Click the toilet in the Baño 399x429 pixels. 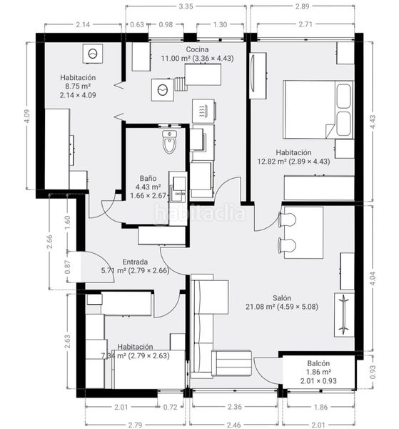coord(170,142)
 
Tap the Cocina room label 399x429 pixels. coord(197,49)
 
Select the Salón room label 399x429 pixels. coord(281,298)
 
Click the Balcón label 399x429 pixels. coord(318,363)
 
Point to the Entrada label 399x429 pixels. coord(135,262)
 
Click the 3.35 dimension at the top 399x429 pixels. coord(186,6)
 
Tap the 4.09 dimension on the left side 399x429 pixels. coord(27,116)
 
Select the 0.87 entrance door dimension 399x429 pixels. coord(68,267)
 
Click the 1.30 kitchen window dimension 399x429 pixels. coord(220,24)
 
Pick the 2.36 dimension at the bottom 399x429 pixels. coord(235,407)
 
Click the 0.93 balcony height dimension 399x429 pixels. coord(373,372)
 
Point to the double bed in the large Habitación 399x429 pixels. coord(318,109)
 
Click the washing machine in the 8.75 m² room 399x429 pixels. coord(93,54)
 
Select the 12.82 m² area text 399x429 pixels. coord(271,162)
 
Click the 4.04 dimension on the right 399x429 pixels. coord(373,279)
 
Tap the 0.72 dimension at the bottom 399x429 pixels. coord(170,407)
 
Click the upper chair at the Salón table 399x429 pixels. coord(287,220)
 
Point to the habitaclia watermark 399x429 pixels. coord(200,212)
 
